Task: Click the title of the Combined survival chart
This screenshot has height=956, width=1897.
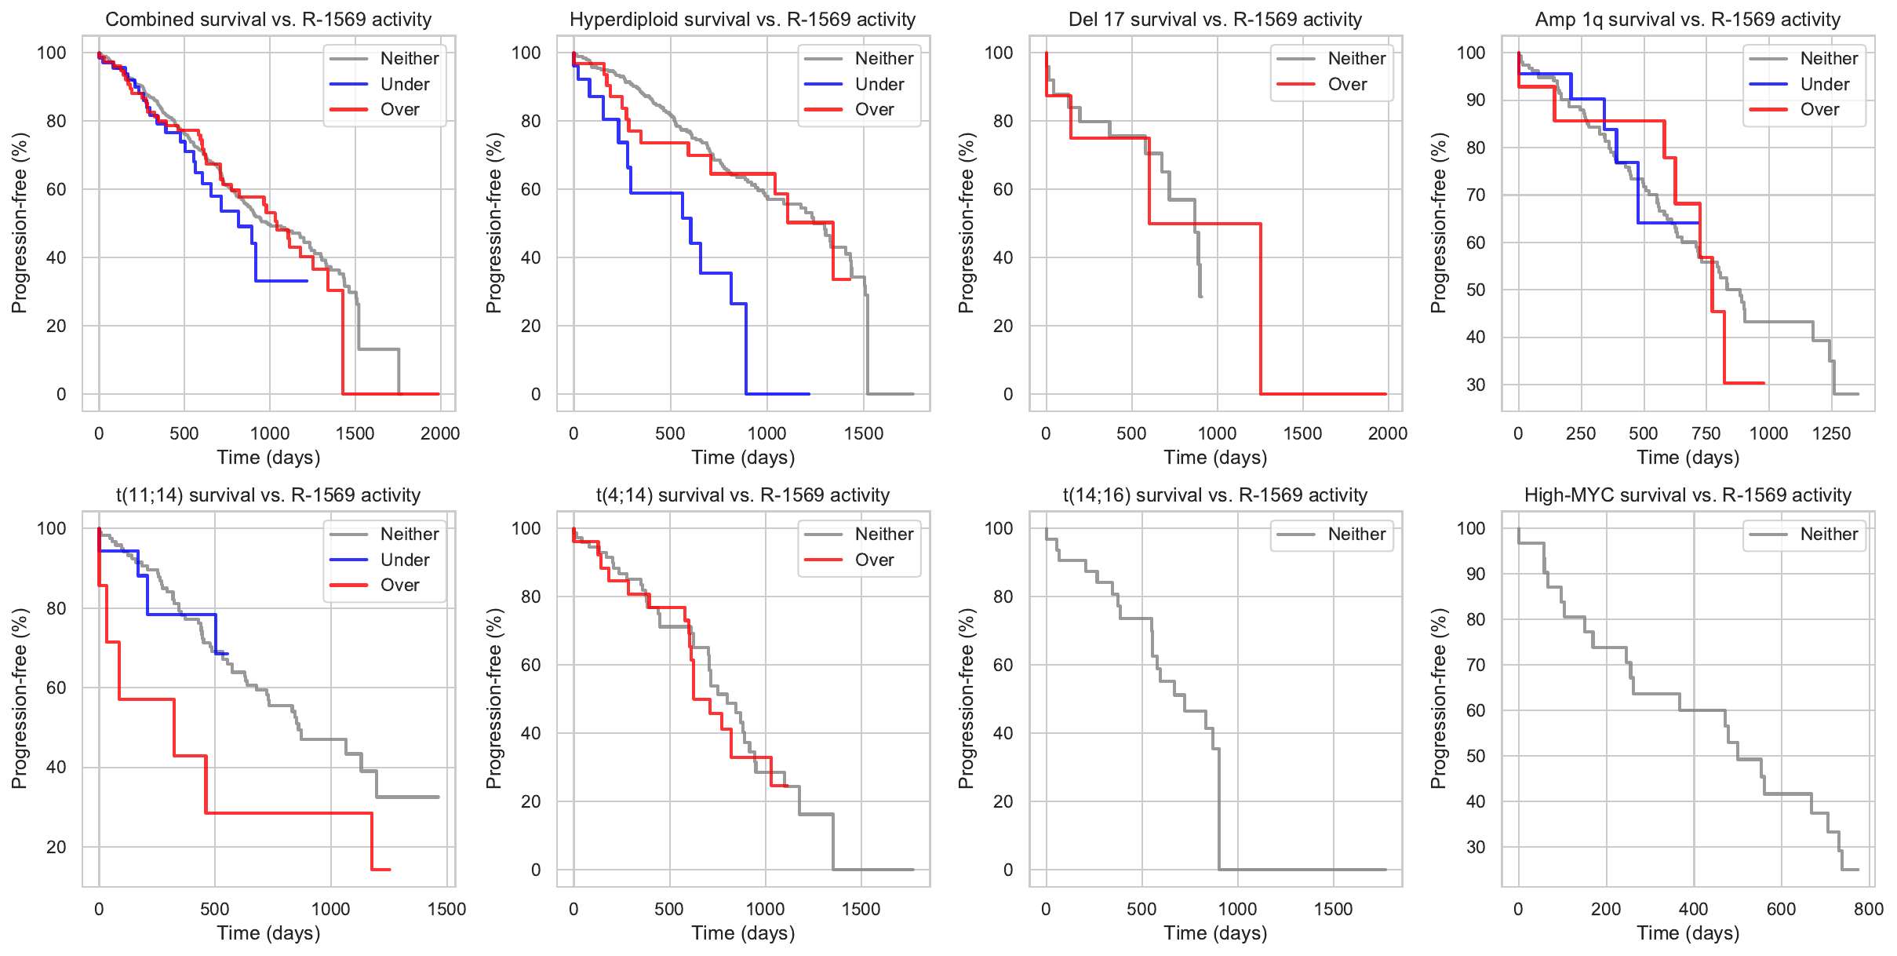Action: [268, 20]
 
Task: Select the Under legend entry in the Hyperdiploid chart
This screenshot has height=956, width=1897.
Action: [879, 84]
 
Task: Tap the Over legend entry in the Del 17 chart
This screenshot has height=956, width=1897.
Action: [1347, 84]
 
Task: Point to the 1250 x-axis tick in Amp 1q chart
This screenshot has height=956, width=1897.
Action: [1831, 433]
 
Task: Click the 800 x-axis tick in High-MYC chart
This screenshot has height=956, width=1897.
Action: [1868, 909]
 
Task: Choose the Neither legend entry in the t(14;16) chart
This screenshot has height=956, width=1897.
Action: [1356, 535]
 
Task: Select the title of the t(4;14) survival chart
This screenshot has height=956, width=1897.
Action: [742, 495]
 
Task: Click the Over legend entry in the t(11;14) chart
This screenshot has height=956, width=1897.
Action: [399, 585]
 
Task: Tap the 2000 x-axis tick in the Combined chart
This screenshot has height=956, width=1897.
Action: [439, 433]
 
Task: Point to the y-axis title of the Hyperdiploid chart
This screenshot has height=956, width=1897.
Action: [493, 223]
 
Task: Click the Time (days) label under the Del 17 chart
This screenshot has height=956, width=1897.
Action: [1215, 458]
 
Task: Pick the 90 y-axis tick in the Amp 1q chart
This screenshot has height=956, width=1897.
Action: [1476, 100]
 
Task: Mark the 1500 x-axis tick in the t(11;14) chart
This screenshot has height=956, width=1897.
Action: [446, 909]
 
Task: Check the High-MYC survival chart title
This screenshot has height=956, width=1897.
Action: [1688, 495]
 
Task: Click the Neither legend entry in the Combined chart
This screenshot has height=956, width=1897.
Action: [409, 58]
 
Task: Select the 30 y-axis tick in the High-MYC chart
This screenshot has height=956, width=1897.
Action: [1476, 847]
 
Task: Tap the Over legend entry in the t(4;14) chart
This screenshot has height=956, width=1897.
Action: [874, 560]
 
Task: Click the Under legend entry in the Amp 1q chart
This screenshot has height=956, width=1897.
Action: [1824, 84]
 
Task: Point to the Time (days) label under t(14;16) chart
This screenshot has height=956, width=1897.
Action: [1215, 933]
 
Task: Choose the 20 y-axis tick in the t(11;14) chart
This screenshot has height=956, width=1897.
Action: [56, 847]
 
